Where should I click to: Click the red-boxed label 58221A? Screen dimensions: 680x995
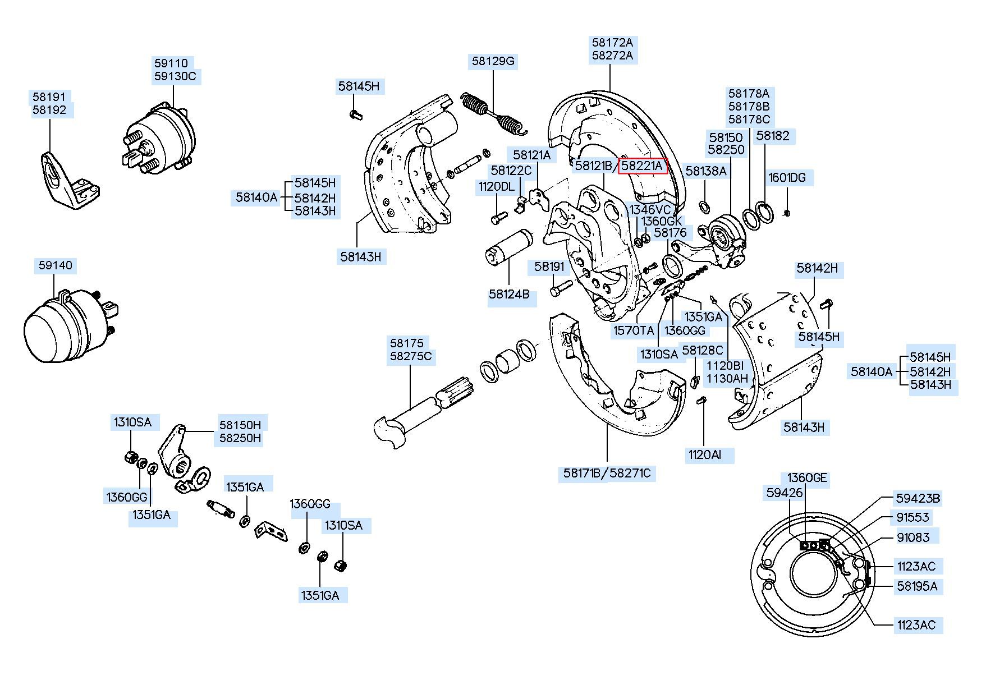tap(643, 166)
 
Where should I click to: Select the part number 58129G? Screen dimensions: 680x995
tap(493, 61)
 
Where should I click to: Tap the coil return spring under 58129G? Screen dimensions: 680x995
tap(493, 115)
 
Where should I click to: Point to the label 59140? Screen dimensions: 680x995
tap(56, 265)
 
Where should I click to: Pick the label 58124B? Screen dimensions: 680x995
tap(509, 294)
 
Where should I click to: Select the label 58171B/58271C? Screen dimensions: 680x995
tap(607, 474)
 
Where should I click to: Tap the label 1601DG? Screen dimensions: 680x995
tap(787, 178)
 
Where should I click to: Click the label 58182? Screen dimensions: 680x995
tap(773, 136)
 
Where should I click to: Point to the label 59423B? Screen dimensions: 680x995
tap(918, 498)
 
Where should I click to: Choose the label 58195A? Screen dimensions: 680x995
tap(917, 586)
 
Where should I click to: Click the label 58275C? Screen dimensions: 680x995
tap(411, 356)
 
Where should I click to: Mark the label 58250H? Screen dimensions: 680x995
tap(240, 438)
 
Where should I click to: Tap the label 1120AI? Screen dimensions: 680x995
tap(704, 454)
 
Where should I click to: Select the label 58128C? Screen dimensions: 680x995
tap(703, 351)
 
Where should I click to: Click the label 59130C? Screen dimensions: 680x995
tap(175, 76)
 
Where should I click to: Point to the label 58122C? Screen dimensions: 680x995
tap(511, 170)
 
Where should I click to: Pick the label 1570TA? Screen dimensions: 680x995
tap(634, 330)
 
